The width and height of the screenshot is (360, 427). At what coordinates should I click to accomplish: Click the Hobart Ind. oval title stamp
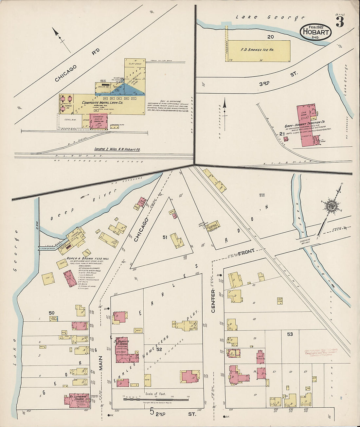(x=315, y=32)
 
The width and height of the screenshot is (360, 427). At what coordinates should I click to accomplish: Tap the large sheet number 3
(x=339, y=22)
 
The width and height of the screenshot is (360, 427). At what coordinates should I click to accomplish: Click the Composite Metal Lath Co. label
(x=98, y=102)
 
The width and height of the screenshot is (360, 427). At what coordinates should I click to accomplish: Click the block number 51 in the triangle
(x=165, y=238)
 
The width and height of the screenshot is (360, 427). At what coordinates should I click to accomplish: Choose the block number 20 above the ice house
(x=270, y=37)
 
